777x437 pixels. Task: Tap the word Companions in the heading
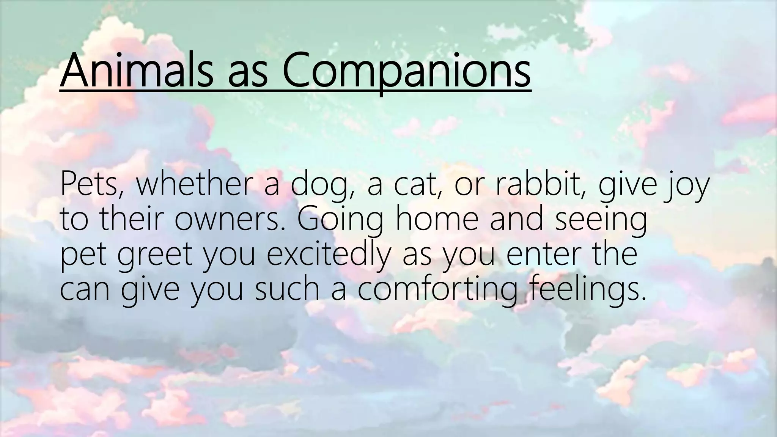(406, 71)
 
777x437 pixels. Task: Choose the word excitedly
(328, 255)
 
